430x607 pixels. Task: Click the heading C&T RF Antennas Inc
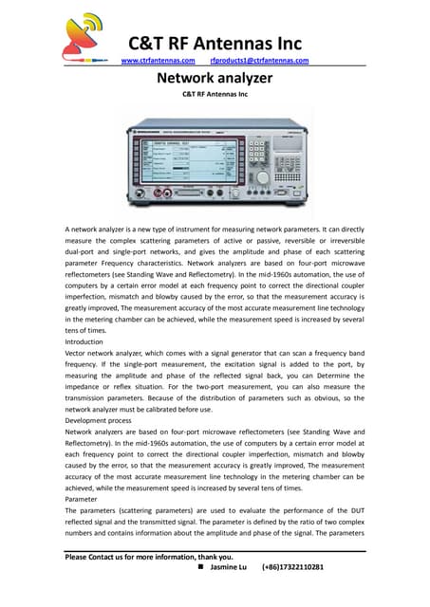215,43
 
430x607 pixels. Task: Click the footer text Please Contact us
100,557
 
